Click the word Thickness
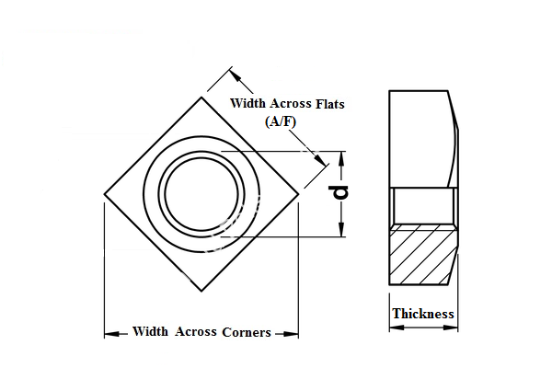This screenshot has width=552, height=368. tap(423, 314)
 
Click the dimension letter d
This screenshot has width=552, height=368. tap(340, 192)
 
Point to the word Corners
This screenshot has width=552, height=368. tap(247, 332)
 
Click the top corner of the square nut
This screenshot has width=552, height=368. tap(201, 97)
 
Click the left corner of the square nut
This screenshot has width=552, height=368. tap(104, 194)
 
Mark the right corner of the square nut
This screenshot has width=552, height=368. tap(297, 194)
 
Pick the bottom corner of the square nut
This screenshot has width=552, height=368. tap(201, 292)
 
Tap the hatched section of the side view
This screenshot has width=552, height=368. tap(422, 253)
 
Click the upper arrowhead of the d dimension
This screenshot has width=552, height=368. tap(341, 155)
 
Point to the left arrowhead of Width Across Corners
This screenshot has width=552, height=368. tap(109, 333)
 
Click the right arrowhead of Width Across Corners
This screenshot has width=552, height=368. tap(293, 333)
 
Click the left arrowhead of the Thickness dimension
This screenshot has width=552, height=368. tap(393, 327)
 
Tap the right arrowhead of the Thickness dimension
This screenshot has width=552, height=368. tap(452, 327)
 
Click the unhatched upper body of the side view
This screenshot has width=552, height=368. tap(419, 138)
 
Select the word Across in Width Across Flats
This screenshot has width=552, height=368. tap(285, 104)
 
